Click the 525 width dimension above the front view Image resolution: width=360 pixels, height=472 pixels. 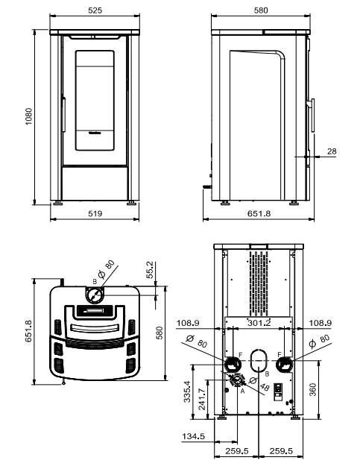click(x=94, y=11)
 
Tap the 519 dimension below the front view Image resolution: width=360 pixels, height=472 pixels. click(x=94, y=213)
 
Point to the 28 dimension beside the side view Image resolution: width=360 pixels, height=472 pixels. click(x=332, y=151)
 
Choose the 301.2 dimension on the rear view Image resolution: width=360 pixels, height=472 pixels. click(x=259, y=324)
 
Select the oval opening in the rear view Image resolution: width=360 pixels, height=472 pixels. click(x=259, y=359)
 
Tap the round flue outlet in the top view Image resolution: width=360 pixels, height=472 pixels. click(x=94, y=296)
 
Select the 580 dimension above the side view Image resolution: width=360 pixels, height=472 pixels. click(x=259, y=11)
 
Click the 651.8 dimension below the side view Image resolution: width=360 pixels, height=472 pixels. click(x=259, y=213)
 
